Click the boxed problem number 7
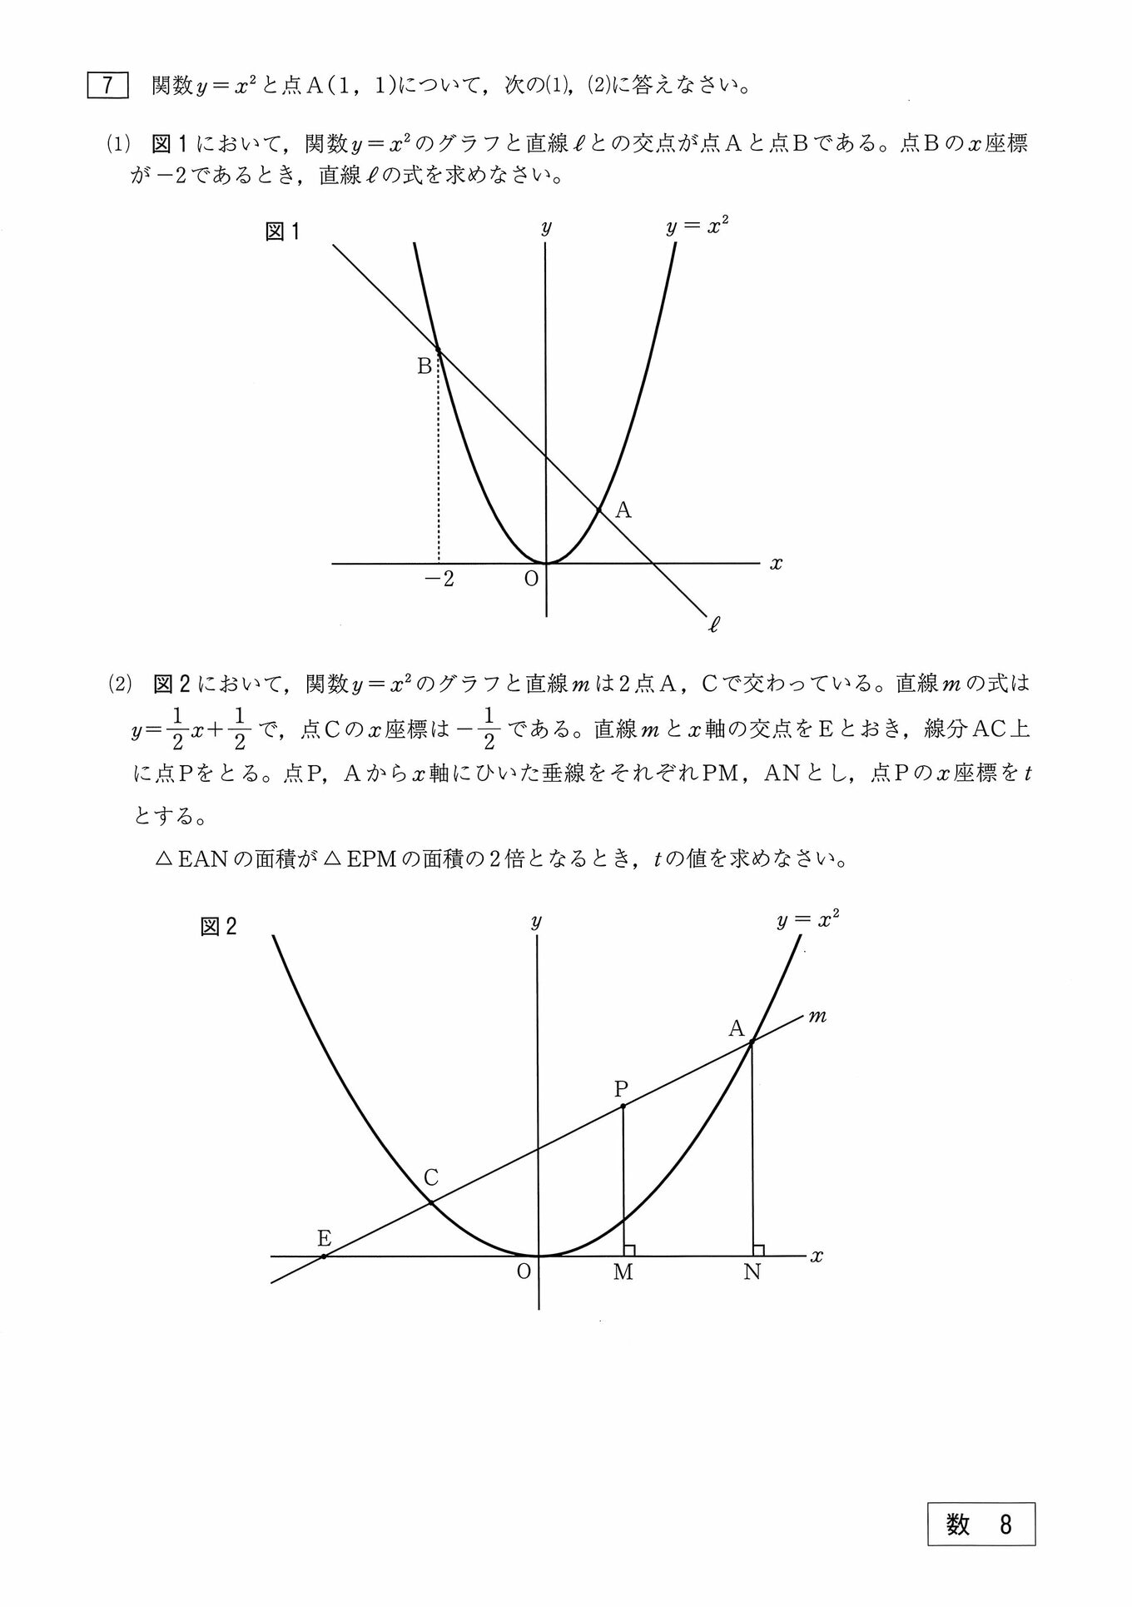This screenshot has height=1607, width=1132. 107,86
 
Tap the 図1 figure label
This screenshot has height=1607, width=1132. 281,231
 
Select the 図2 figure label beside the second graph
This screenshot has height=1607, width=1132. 218,927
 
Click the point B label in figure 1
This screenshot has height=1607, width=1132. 424,366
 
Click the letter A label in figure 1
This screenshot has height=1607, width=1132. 623,510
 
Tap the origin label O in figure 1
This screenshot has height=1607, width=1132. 531,579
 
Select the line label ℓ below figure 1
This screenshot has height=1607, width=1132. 713,623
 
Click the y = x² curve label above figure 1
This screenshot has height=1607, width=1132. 697,226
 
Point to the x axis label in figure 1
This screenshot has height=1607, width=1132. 776,564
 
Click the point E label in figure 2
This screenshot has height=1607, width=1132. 324,1238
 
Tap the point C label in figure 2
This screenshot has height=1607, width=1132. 430,1177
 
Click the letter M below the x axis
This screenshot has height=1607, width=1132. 623,1272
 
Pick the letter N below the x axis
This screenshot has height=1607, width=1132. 752,1272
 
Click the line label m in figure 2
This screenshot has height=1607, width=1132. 817,1016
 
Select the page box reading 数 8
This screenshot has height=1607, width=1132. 981,1524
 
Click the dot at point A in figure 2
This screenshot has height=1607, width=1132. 752,1042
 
